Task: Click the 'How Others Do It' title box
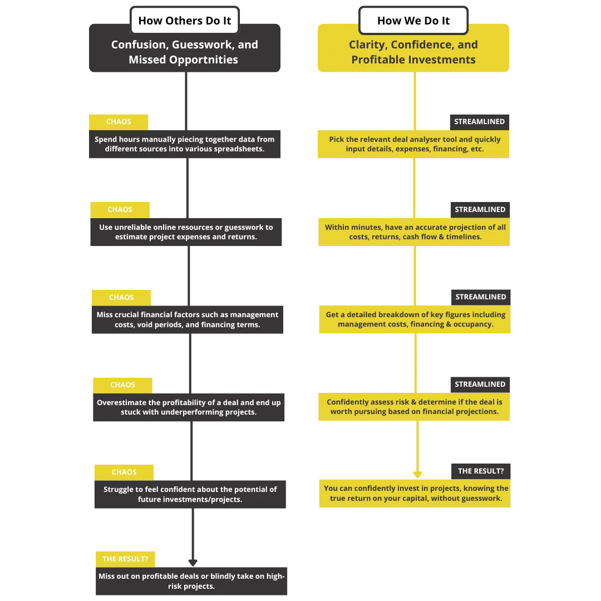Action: pyautogui.click(x=185, y=21)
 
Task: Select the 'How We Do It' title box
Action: pyautogui.click(x=413, y=21)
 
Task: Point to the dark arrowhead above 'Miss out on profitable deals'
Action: pyautogui.click(x=193, y=563)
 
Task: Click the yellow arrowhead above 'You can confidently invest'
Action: pyautogui.click(x=417, y=475)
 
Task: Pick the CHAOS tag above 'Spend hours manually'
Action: pyautogui.click(x=119, y=122)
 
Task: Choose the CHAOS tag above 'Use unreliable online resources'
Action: pyautogui.click(x=120, y=210)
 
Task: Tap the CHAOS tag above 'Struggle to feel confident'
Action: pyautogui.click(x=124, y=472)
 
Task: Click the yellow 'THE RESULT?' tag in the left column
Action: pyautogui.click(x=125, y=559)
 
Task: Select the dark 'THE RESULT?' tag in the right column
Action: pyautogui.click(x=481, y=471)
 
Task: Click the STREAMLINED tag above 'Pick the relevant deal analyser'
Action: pyautogui.click(x=480, y=122)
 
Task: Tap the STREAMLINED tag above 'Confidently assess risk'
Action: pyautogui.click(x=480, y=385)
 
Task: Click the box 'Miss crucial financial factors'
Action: pyautogui.click(x=188, y=319)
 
